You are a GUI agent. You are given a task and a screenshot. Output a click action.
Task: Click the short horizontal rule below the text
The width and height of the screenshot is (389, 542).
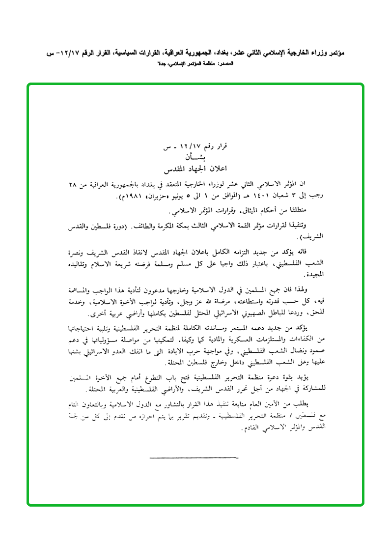coord(194,457)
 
